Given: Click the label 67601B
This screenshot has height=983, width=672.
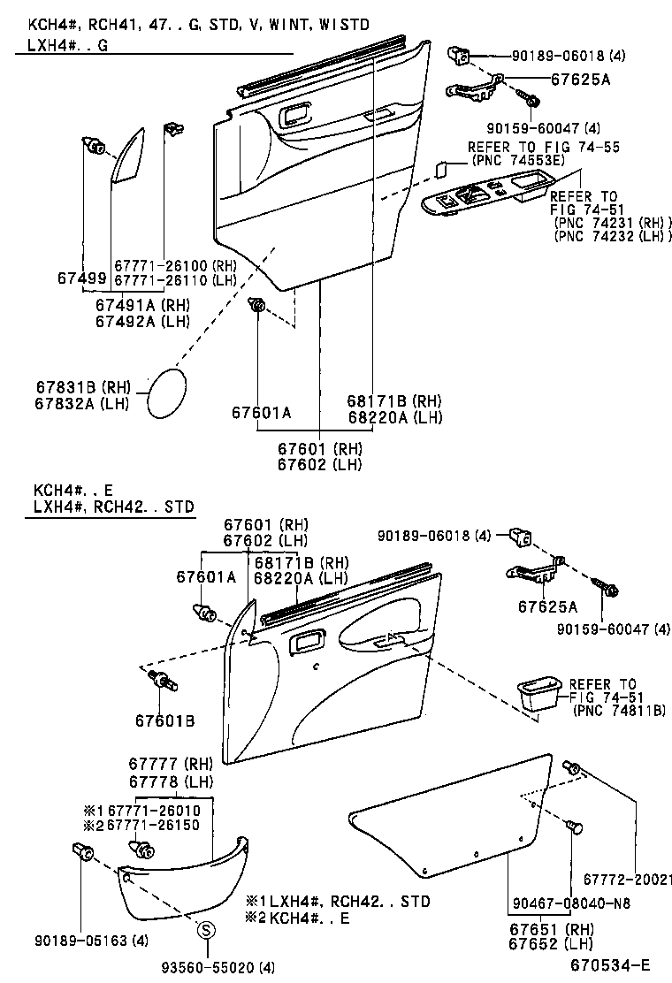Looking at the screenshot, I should (164, 720).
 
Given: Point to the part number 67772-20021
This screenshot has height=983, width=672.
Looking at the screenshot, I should (627, 880).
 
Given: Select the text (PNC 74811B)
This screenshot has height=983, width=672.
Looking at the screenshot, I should (619, 710).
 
